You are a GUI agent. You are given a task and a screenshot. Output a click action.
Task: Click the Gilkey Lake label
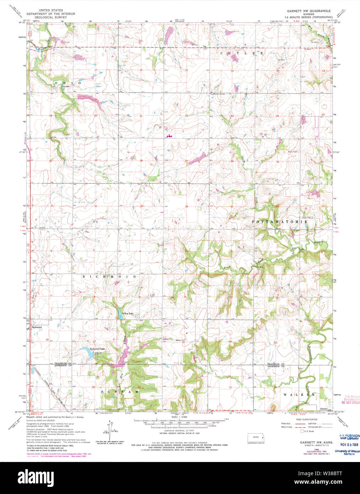pos(127,313)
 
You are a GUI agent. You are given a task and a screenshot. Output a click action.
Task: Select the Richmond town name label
pos(37,327)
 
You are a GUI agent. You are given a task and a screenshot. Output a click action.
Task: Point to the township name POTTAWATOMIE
pos(280,221)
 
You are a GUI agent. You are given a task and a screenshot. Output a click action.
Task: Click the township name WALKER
pos(299,394)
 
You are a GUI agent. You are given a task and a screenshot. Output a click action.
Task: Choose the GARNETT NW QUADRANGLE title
pos(309,11)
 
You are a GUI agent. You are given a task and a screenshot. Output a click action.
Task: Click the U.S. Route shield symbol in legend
pos(302,431)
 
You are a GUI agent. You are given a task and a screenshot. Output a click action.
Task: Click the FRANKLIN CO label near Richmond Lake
pos(63,364)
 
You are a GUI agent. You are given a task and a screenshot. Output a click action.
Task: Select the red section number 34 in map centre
pos(186,206)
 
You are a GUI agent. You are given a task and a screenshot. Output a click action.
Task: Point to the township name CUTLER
pos(242,53)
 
